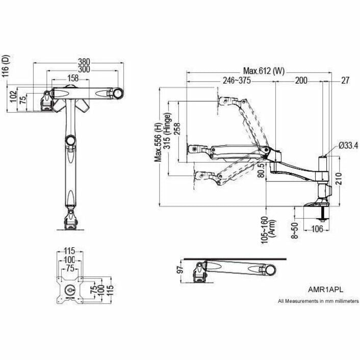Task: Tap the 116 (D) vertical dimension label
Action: (x=6, y=65)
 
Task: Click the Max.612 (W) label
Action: (x=263, y=71)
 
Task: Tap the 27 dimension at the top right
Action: (x=345, y=81)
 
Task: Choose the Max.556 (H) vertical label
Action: (x=159, y=141)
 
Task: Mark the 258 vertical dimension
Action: (x=176, y=130)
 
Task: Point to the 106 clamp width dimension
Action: (x=317, y=229)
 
